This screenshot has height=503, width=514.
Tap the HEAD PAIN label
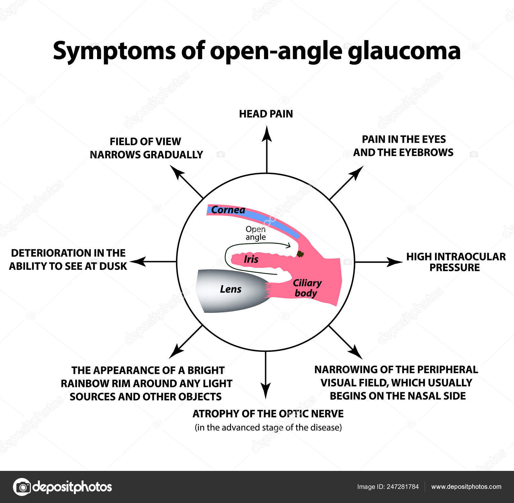pyautogui.click(x=266, y=114)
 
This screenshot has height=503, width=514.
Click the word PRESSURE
pyautogui.click(x=454, y=267)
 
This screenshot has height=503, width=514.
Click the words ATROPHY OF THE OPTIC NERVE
pyautogui.click(x=268, y=414)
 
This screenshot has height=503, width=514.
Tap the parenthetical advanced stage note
pyautogui.click(x=268, y=428)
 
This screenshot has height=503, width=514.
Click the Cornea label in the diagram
pyautogui.click(x=228, y=210)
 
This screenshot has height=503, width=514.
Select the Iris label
pyautogui.click(x=251, y=259)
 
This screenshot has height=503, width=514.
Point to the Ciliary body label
pyautogui.click(x=306, y=288)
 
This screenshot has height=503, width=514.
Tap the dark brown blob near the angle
pyautogui.click(x=300, y=254)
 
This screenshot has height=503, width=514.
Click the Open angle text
pyautogui.click(x=255, y=233)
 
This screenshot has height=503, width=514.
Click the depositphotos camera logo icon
pyautogui.click(x=22, y=487)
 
